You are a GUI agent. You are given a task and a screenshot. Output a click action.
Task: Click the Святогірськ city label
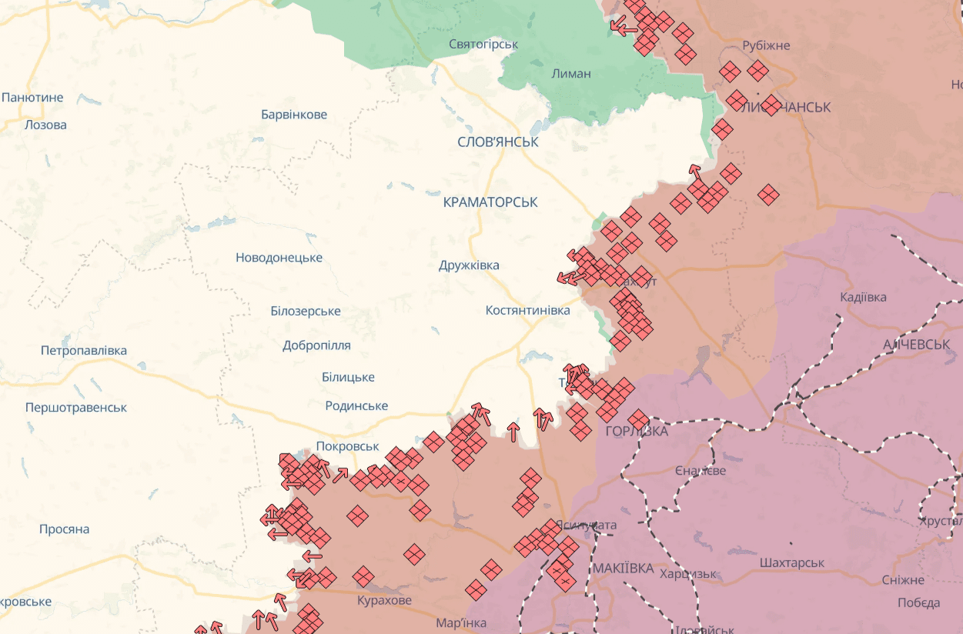(483, 45)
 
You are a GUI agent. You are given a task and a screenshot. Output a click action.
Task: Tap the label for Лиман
(571, 74)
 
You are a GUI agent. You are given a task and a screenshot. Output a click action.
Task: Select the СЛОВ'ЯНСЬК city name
(498, 142)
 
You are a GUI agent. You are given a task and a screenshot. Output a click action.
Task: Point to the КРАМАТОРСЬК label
(490, 202)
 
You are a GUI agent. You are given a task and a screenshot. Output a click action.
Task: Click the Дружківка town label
(469, 265)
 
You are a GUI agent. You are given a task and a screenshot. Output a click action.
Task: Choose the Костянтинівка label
(527, 310)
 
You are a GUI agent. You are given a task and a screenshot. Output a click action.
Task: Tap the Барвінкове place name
(294, 115)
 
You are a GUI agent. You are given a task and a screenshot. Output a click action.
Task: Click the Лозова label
(45, 125)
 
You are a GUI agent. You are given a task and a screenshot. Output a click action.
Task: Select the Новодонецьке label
(279, 258)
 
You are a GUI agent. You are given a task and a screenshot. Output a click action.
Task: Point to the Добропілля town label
(316, 345)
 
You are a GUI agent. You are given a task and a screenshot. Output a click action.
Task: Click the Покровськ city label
(347, 446)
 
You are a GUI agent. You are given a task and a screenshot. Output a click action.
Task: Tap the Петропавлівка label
(84, 351)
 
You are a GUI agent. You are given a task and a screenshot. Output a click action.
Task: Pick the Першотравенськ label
(76, 408)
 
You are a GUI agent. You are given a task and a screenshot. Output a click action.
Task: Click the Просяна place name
(65, 529)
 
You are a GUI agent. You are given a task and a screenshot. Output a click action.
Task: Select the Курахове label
(384, 600)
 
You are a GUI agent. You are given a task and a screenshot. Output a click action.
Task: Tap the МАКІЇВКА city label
(624, 569)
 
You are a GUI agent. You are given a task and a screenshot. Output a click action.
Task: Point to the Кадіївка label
(863, 297)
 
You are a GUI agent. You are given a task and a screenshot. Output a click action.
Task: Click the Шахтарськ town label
(791, 563)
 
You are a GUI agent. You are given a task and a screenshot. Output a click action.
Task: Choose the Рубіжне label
(766, 45)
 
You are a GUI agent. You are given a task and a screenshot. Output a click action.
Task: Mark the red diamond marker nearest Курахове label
(363, 576)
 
